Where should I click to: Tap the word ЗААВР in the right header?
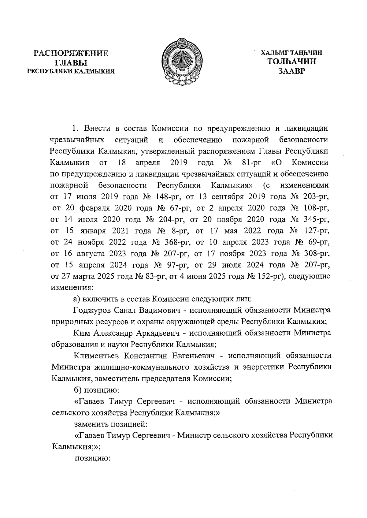[x=291, y=71]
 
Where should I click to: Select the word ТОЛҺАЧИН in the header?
[x=291, y=62]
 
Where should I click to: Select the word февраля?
[x=95, y=208]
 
